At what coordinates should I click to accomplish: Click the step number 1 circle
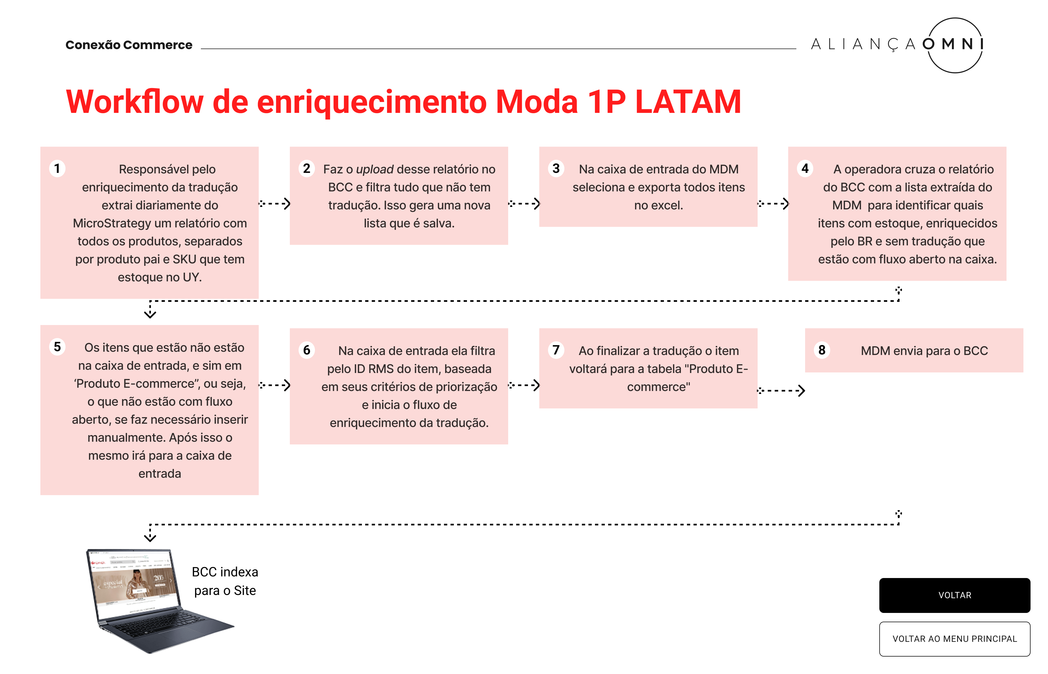click(x=57, y=168)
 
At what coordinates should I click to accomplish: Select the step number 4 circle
click(x=805, y=168)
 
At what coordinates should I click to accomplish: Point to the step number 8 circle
click(x=821, y=350)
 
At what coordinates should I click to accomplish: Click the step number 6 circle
click(x=306, y=350)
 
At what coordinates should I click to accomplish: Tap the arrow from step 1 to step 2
click(x=275, y=203)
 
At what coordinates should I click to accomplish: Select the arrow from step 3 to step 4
click(x=773, y=203)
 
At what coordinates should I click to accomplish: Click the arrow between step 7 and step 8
click(x=781, y=390)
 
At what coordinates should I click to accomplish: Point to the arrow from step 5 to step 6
click(x=275, y=385)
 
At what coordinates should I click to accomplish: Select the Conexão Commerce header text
click(x=129, y=45)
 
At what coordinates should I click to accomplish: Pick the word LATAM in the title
click(x=687, y=102)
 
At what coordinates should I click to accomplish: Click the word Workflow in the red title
click(x=135, y=102)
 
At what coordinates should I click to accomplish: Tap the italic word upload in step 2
click(x=374, y=169)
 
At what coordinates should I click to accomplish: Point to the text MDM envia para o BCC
click(x=924, y=351)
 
